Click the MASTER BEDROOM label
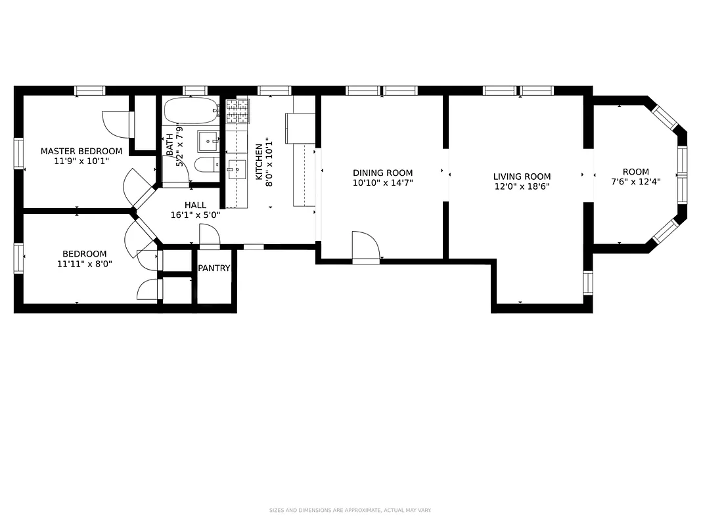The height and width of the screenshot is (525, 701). (81, 151)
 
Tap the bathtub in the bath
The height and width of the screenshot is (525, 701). (190, 111)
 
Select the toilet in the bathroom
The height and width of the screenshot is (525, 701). (206, 164)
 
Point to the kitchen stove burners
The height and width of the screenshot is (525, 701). (238, 111)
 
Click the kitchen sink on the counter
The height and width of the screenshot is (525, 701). (236, 169)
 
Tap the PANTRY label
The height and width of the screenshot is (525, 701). (214, 268)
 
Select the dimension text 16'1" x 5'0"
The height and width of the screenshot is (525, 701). (195, 215)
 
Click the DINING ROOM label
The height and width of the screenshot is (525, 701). (382, 173)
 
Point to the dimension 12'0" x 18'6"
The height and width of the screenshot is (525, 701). (522, 186)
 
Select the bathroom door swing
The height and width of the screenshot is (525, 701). (175, 171)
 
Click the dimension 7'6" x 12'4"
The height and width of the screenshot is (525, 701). (635, 182)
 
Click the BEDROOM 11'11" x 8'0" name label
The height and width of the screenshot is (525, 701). (84, 254)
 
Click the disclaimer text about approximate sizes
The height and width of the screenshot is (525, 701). (350, 510)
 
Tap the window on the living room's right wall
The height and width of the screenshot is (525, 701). (588, 282)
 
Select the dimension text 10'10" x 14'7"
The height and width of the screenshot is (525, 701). (382, 183)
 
